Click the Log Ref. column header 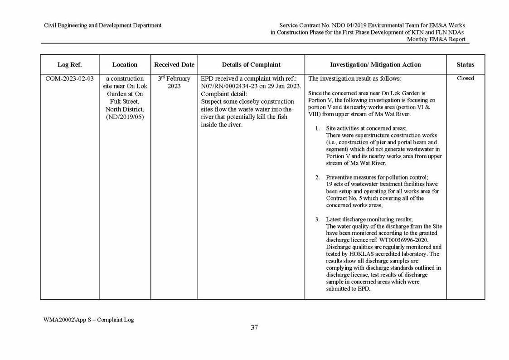[x=69, y=65]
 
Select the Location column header [x=125, y=65]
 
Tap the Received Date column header [x=174, y=65]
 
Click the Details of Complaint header [x=251, y=65]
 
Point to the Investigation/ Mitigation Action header [x=375, y=65]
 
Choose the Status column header [x=465, y=65]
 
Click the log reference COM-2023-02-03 [x=70, y=78]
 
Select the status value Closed [x=465, y=78]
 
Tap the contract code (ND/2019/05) [x=125, y=117]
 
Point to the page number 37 [x=254, y=328]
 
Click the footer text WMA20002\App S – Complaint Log [x=89, y=320]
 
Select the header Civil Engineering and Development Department [x=102, y=25]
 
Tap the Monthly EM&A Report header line [x=436, y=39]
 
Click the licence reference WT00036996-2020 [x=399, y=240]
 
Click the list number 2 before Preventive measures [x=318, y=177]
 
